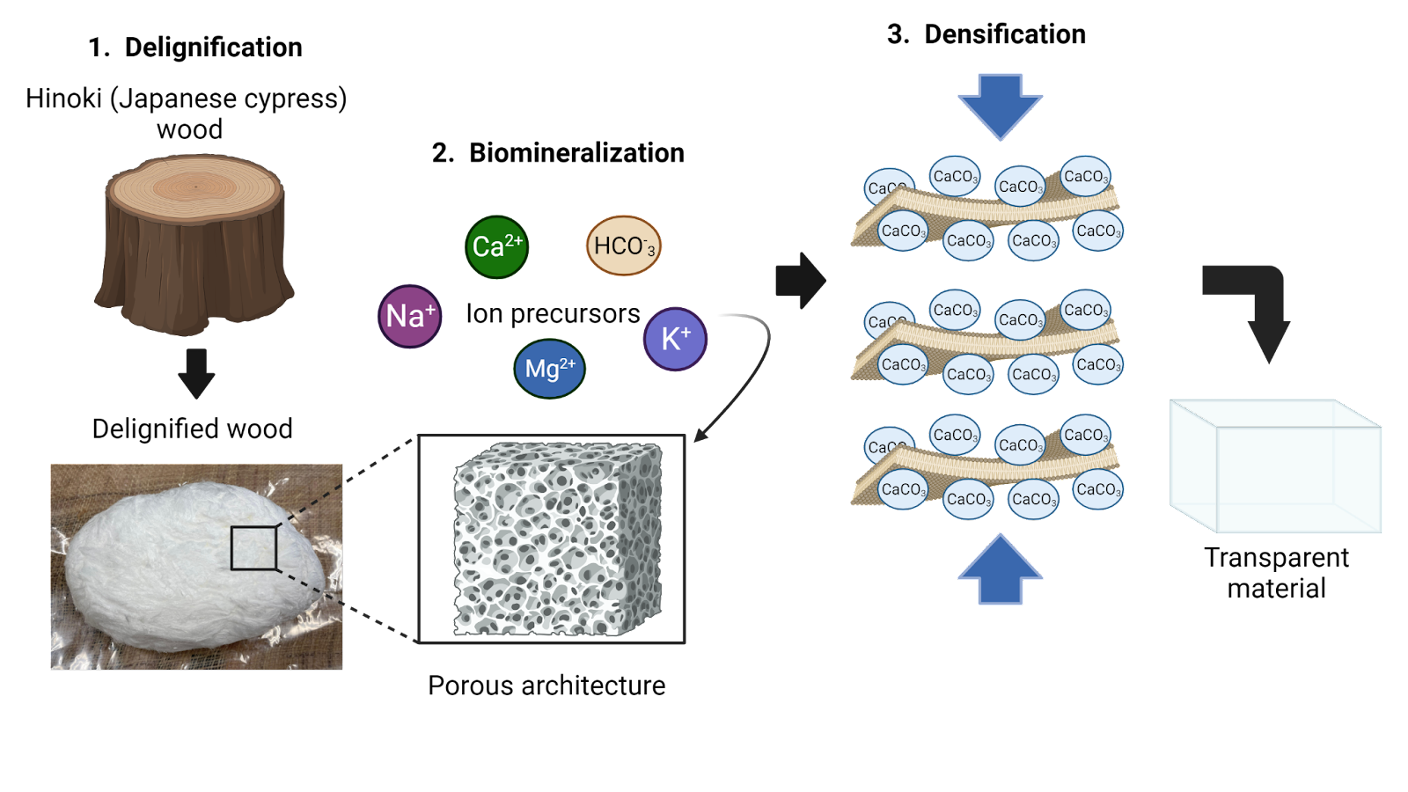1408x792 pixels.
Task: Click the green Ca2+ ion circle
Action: (496, 247)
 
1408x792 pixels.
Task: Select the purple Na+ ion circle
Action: (410, 316)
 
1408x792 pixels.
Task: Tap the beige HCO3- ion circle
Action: (623, 246)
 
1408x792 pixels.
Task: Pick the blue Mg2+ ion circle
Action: (549, 369)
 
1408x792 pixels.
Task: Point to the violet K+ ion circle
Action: (675, 339)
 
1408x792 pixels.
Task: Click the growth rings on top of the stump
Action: (194, 186)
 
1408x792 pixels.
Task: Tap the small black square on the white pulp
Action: (254, 548)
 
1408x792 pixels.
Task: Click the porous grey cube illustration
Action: (557, 539)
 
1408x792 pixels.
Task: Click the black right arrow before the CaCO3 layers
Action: (800, 281)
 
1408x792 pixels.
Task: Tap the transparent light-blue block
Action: (1276, 466)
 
